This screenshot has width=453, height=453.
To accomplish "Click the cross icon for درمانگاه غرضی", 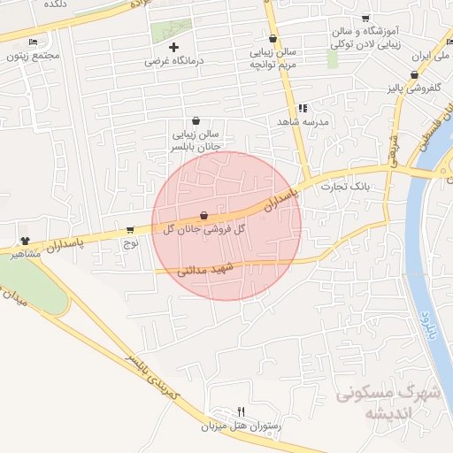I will click(x=173, y=47).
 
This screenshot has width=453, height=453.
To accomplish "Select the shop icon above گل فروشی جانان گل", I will click(x=204, y=215).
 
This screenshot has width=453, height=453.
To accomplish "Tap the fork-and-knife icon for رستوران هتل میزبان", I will click(x=241, y=411).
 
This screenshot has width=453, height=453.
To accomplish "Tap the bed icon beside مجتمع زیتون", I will click(x=34, y=42).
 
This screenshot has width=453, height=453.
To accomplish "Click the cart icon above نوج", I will click(x=131, y=228).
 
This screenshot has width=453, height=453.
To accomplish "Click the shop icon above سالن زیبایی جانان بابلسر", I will click(x=195, y=121).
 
